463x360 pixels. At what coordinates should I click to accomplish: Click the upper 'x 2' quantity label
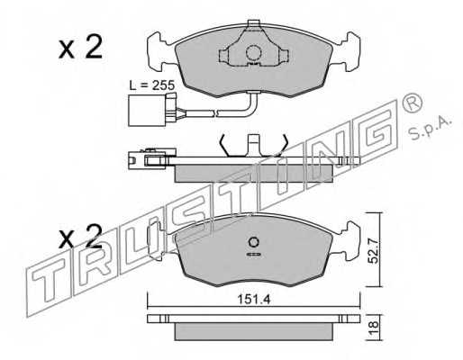(x=80, y=47)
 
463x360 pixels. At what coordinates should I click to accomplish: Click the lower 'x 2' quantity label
(x=80, y=238)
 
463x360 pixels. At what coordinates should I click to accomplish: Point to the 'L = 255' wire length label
(x=153, y=85)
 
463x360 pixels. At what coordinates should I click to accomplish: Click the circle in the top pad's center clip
(x=253, y=53)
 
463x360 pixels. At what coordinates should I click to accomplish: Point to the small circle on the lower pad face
(x=253, y=241)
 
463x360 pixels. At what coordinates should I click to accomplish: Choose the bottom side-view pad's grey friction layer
(x=254, y=330)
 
